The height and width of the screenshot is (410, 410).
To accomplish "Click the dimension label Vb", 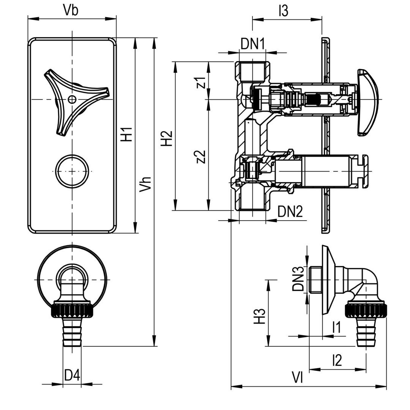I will [71, 10].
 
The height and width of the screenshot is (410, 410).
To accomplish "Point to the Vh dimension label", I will [145, 184].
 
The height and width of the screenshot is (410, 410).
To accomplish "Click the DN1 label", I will [253, 44].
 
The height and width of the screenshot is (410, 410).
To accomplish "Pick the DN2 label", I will [290, 212].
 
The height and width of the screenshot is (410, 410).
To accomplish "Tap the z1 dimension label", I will [201, 82].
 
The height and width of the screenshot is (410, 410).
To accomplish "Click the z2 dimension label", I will [201, 156].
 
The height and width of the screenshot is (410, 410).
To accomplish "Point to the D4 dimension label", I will [72, 375].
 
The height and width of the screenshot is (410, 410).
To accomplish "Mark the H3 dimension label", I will [259, 316].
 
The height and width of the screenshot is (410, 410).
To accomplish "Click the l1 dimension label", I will [336, 327].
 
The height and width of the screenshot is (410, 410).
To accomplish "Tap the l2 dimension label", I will [337, 360].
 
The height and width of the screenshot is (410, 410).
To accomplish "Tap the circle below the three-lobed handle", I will [72, 171].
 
